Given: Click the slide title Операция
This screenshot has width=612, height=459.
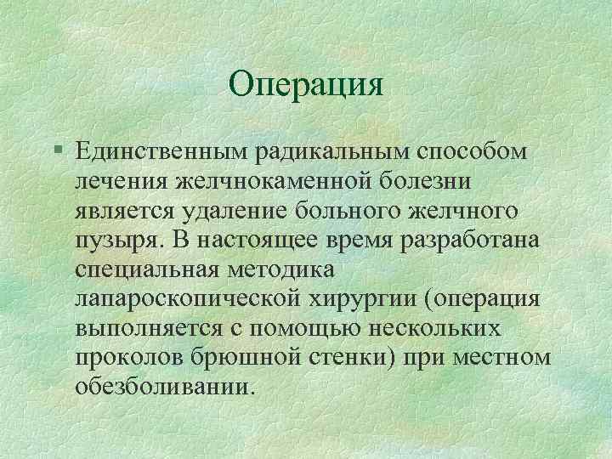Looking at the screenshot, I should click(x=307, y=83).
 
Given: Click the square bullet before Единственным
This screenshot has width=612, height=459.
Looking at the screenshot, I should click(x=56, y=150).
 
